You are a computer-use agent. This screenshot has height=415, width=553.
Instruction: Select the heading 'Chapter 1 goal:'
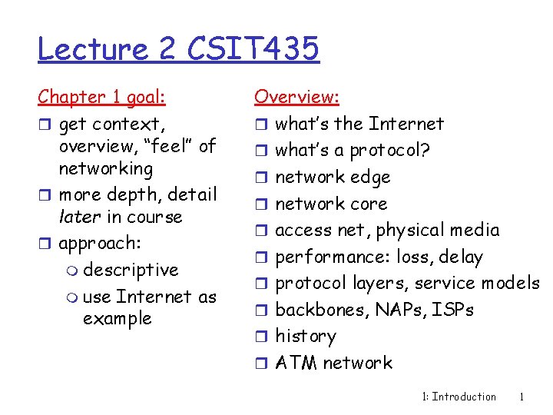coord(102,97)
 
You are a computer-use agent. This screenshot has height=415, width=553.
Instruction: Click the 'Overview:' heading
coord(297,97)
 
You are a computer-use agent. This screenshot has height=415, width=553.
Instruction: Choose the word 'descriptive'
coord(131,270)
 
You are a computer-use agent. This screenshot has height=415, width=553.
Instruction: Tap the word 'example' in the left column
coord(117,318)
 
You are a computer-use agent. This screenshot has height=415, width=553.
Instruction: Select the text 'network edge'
coord(333,177)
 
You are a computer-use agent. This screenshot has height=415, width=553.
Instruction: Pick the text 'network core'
coord(331,204)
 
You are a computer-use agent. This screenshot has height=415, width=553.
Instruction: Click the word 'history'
coord(306,337)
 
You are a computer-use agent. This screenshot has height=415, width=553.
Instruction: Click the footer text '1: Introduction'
coord(459,397)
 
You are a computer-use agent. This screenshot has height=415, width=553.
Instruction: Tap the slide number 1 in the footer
coord(522,397)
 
